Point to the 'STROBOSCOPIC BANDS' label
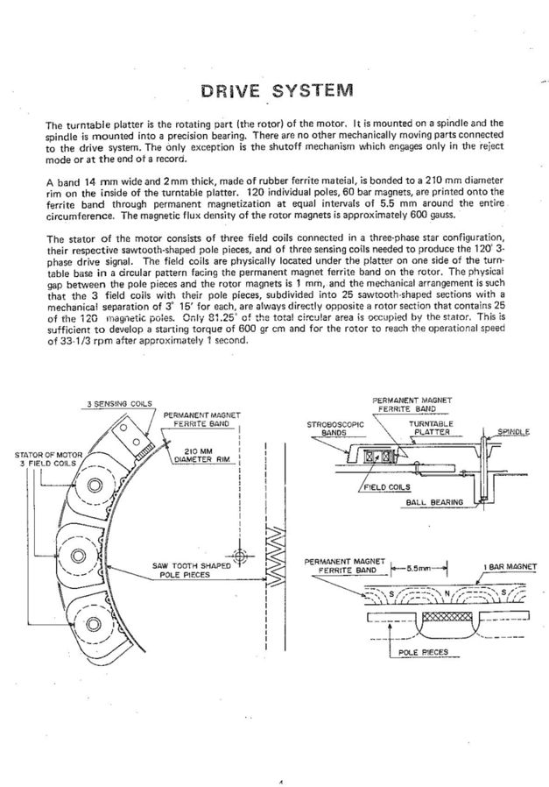(x=334, y=429)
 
